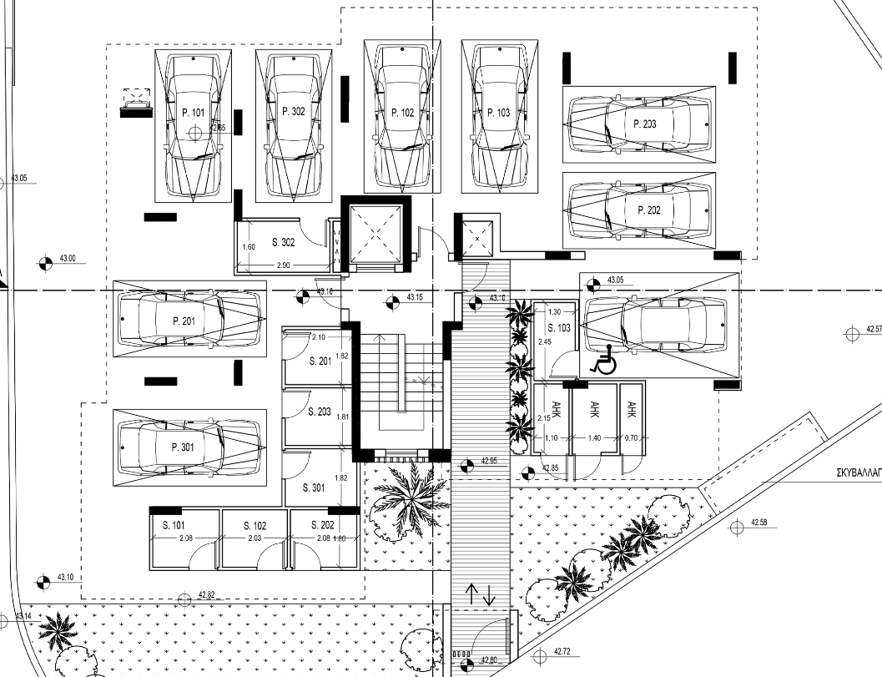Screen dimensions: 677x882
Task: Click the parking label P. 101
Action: pyautogui.click(x=193, y=111)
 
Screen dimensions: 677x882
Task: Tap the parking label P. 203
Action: pyautogui.click(x=645, y=124)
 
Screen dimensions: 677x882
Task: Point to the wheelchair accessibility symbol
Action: pyautogui.click(x=602, y=360)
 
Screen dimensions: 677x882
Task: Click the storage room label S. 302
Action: pyautogui.click(x=285, y=243)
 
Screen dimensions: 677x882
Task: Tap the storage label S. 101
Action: pyautogui.click(x=174, y=525)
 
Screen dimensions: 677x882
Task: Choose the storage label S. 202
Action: pyautogui.click(x=322, y=525)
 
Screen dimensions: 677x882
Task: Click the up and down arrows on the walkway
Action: pyautogui.click(x=480, y=594)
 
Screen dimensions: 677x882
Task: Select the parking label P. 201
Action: pyautogui.click(x=183, y=321)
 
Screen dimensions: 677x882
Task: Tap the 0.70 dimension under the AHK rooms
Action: pyautogui.click(x=631, y=437)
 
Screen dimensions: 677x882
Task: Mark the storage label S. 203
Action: pyautogui.click(x=320, y=412)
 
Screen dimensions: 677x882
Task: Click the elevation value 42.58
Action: pyautogui.click(x=758, y=523)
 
